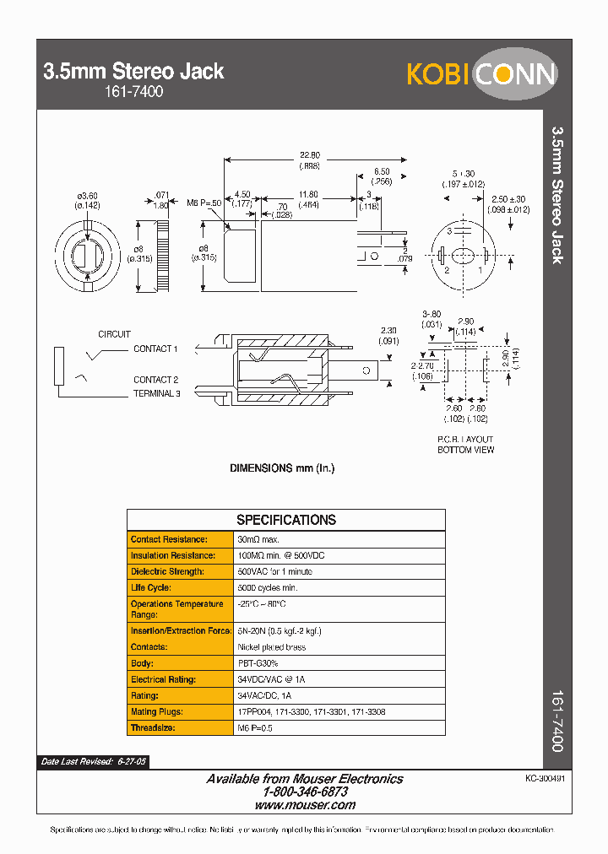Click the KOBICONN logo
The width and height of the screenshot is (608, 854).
tap(481, 75)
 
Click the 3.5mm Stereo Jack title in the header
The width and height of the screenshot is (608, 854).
tap(133, 72)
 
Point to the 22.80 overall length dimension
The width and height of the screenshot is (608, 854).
tap(310, 155)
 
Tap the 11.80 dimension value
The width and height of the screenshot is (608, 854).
tap(307, 194)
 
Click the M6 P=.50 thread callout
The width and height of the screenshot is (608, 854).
tap(204, 203)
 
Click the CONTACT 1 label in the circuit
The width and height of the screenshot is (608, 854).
tap(155, 349)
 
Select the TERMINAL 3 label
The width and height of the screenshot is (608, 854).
tap(156, 394)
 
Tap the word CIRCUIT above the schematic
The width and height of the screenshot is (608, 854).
tap(114, 334)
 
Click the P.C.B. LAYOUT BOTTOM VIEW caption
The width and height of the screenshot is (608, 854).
tap(465, 445)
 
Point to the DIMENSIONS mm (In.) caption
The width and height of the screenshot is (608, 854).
tap(282, 468)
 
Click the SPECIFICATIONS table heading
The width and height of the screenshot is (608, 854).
tap(285, 520)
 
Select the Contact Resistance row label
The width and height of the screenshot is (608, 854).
tap(169, 539)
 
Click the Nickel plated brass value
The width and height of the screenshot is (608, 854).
tap(272, 647)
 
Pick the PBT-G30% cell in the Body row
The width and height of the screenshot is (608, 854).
tap(258, 663)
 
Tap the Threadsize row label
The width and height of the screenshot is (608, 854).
tap(153, 727)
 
